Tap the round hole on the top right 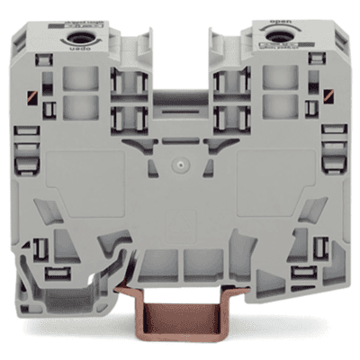coord(274,37)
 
